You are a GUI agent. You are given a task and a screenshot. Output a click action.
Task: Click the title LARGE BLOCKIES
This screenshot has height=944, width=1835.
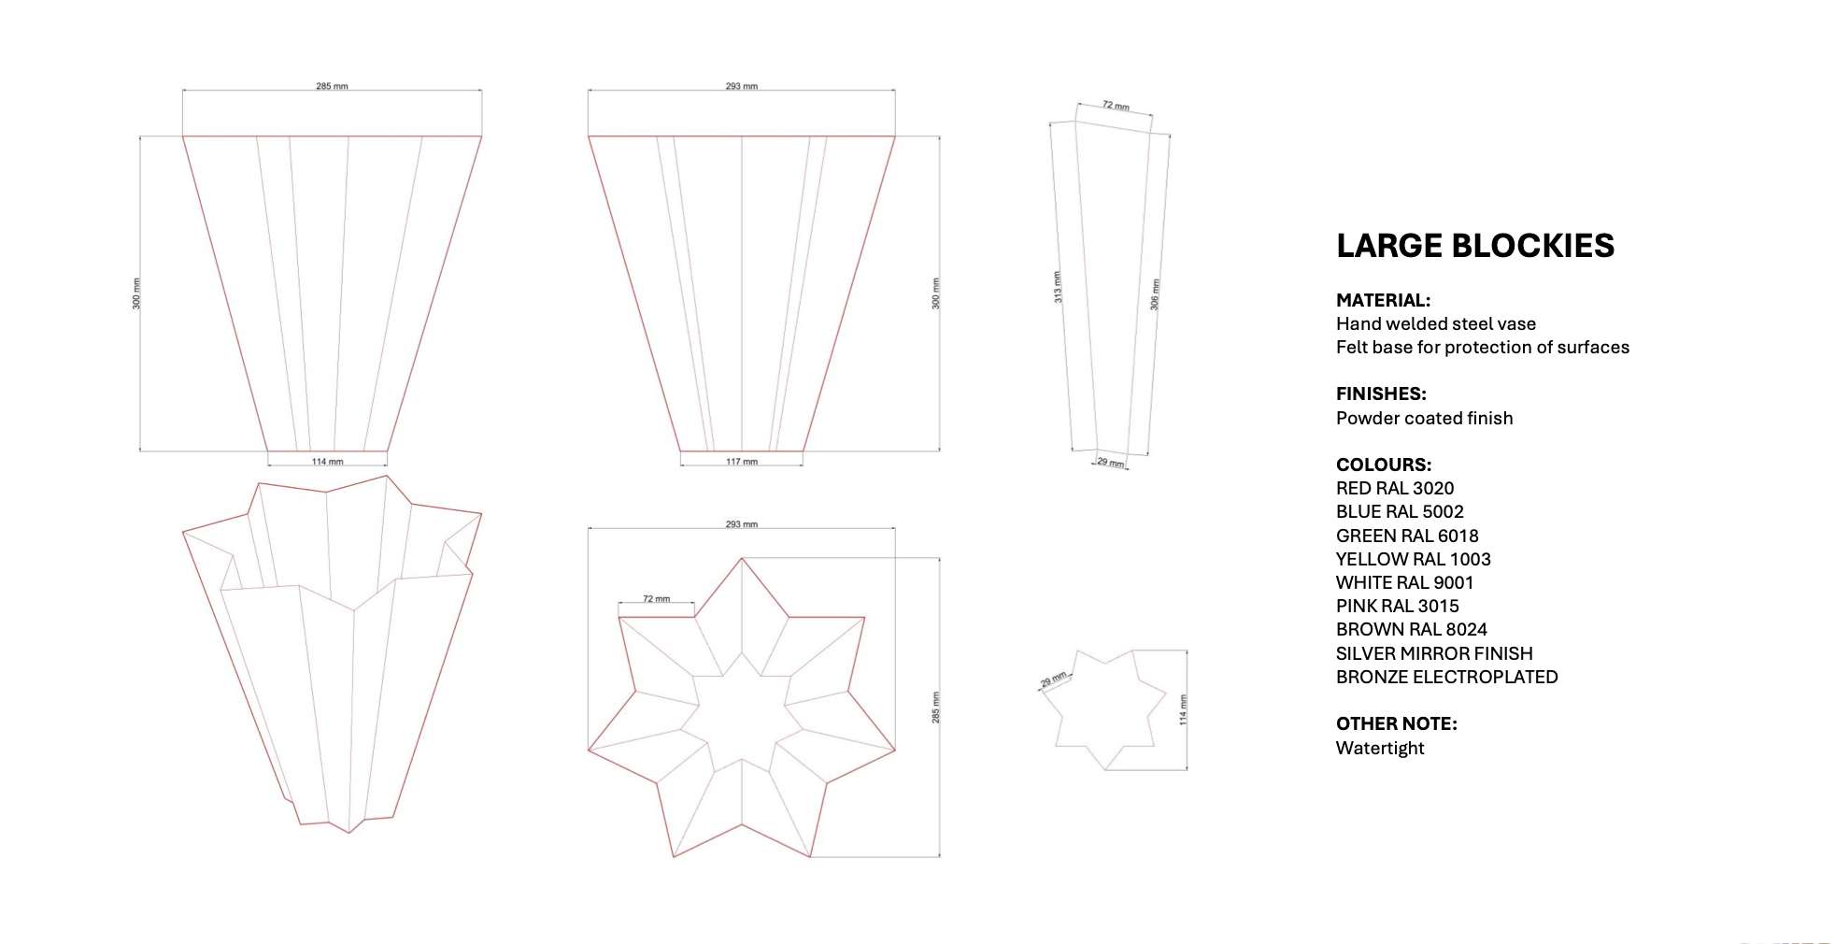click(x=1474, y=246)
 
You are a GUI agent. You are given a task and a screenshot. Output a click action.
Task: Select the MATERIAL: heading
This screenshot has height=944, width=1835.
click(x=1383, y=300)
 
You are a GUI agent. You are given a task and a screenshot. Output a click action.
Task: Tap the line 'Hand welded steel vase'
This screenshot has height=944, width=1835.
click(x=1435, y=324)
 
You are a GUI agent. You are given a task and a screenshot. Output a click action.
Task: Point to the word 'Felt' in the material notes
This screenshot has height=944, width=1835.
click(x=1351, y=348)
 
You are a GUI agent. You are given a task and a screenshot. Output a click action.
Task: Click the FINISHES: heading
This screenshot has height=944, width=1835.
click(x=1380, y=393)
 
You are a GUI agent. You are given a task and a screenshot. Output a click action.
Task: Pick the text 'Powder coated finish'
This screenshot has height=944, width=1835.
click(x=1424, y=419)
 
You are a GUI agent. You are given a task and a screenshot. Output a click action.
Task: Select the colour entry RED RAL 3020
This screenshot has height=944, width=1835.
click(x=1394, y=489)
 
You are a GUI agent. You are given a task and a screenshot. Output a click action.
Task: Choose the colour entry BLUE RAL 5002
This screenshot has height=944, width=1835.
click(x=1399, y=512)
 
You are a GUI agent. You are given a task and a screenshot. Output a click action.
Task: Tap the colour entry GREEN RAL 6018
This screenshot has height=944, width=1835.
click(x=1406, y=536)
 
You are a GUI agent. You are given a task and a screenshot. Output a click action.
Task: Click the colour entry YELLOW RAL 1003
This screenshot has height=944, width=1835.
click(x=1413, y=560)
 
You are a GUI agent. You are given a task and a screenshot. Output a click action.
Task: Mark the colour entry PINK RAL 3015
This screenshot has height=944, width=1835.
click(x=1397, y=607)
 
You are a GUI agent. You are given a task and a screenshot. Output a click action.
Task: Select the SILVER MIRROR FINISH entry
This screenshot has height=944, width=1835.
click(x=1433, y=654)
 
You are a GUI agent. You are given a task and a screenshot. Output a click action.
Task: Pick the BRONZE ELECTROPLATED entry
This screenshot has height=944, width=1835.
click(x=1446, y=678)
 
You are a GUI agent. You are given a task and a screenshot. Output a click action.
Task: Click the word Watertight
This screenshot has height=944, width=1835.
click(x=1379, y=749)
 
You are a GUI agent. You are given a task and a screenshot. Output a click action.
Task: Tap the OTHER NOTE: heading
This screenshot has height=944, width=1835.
click(x=1396, y=724)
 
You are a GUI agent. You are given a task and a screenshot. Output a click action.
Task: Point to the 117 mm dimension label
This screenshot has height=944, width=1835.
click(x=742, y=462)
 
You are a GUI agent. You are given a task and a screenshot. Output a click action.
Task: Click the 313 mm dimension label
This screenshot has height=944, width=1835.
click(x=1058, y=287)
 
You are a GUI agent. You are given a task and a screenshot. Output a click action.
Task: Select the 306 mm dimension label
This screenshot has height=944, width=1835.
click(x=1155, y=294)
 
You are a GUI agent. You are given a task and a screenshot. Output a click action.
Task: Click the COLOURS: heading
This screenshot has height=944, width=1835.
click(x=1383, y=465)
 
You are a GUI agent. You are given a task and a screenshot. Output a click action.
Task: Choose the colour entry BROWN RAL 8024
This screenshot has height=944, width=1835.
click(x=1411, y=630)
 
